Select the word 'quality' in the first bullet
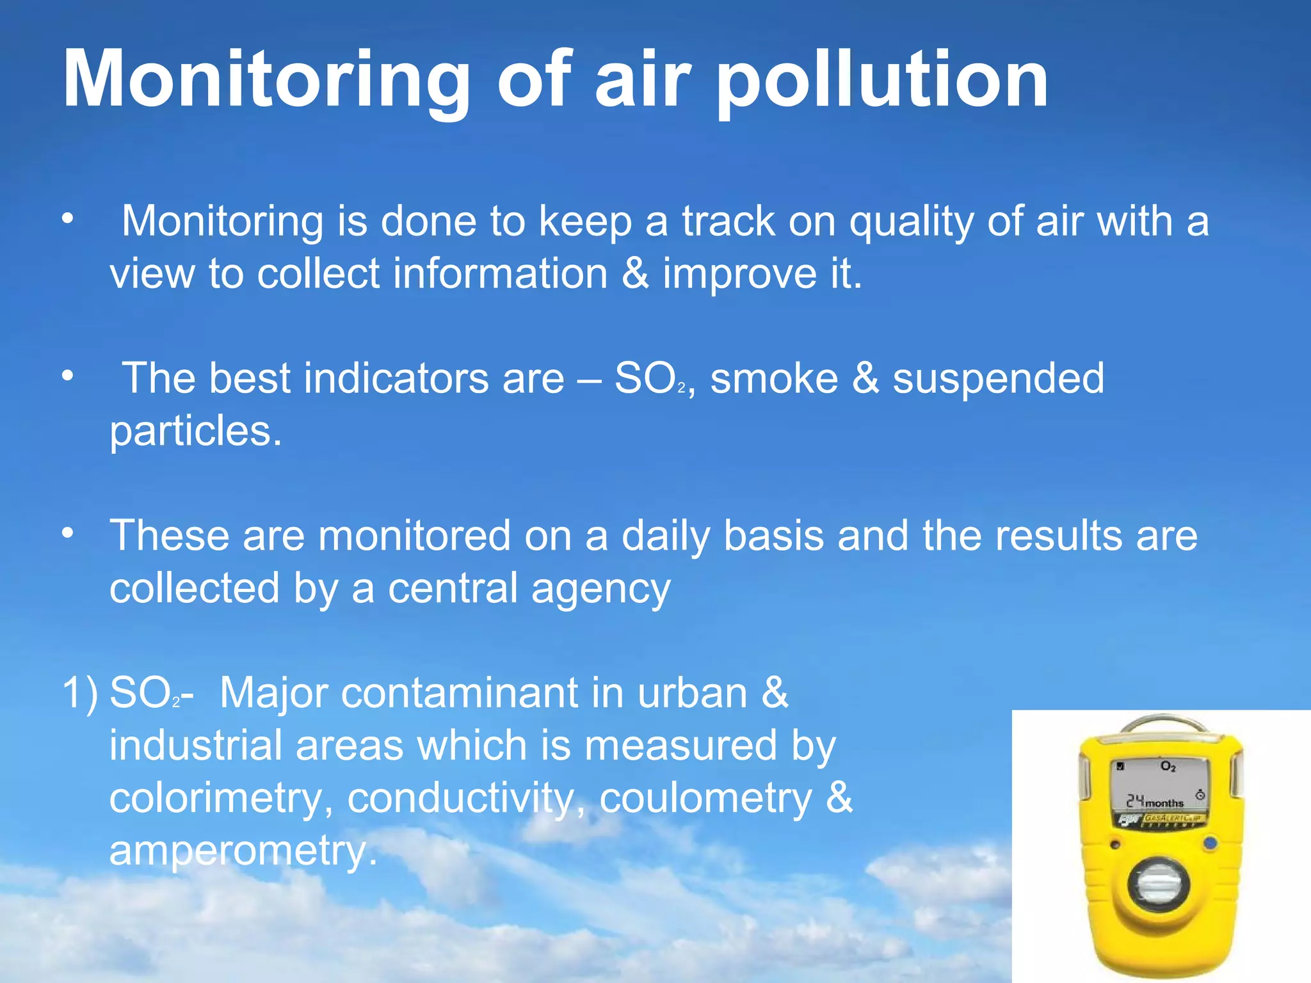(911, 222)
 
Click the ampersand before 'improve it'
(634, 273)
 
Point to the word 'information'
(500, 273)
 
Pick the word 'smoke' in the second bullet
(774, 378)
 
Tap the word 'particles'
(195, 431)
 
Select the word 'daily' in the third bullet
(665, 536)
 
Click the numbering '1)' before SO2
(80, 693)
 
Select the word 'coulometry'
(705, 799)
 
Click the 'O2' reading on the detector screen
(1168, 766)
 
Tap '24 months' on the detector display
(1155, 801)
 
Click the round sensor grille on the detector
(1159, 886)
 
